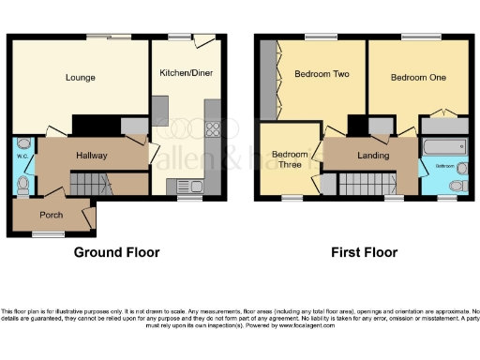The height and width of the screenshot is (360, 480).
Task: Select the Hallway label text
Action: pos(91,156)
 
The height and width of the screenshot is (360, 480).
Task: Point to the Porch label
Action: pos(52,214)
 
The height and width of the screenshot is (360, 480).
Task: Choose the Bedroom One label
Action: pos(416,78)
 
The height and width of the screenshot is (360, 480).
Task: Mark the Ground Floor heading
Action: pos(116,252)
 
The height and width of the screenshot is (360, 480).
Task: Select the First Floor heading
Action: pos(364,252)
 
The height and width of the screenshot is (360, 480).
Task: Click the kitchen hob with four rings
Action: pos(211,134)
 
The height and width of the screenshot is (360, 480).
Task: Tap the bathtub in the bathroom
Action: pos(445,147)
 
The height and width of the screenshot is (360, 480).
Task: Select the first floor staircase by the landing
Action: pos(356,184)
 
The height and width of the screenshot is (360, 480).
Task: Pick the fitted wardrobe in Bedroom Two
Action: pos(269,81)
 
